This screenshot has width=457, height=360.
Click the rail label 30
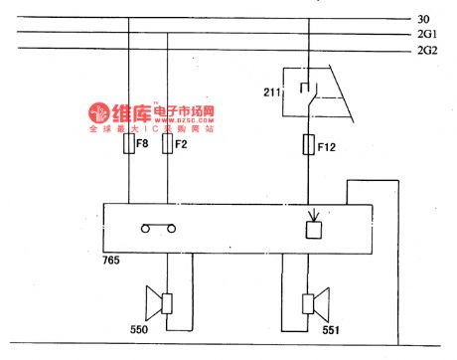[423, 18]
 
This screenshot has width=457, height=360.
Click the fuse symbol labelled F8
[129, 146]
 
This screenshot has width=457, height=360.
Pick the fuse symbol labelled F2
[166, 146]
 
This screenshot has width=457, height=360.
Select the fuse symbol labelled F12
[310, 146]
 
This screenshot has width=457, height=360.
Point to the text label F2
[182, 145]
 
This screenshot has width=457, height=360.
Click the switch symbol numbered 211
[311, 91]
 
